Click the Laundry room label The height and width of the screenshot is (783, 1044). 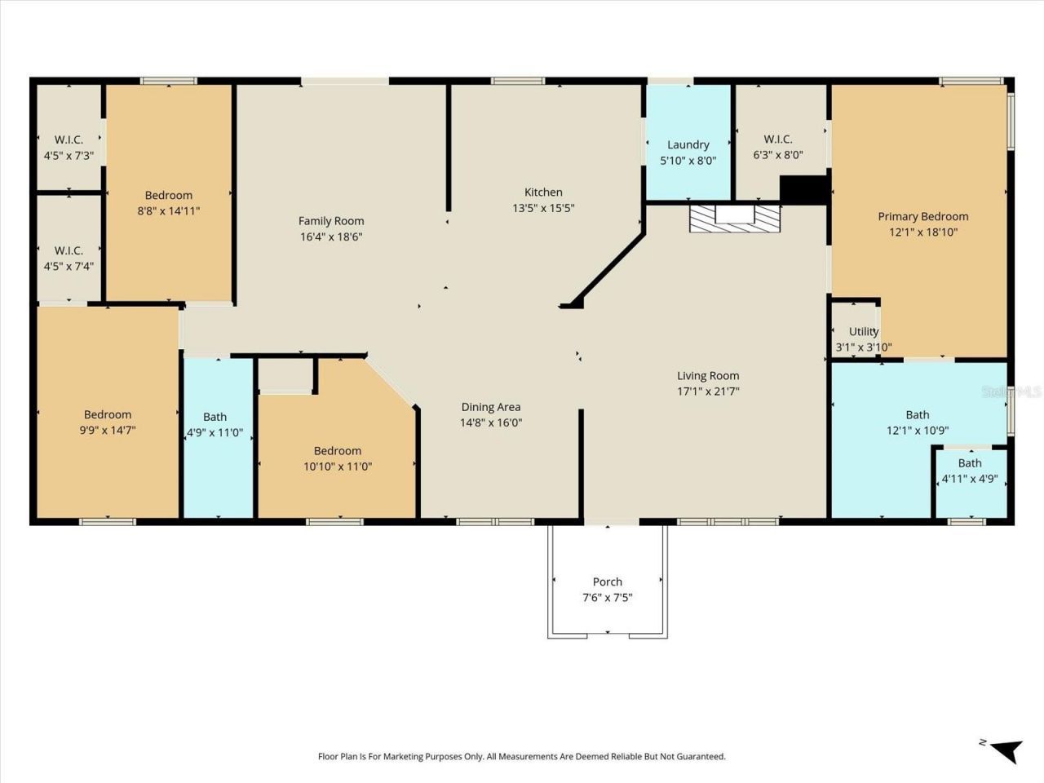pos(688,144)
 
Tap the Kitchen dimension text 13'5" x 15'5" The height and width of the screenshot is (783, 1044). pos(543,208)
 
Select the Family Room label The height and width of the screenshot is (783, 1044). pos(331,221)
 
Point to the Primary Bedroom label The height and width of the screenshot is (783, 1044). pos(922,216)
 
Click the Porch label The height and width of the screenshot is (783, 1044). pos(607,582)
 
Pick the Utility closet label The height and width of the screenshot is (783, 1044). pos(864,331)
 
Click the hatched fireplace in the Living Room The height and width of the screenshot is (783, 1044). pos(735,219)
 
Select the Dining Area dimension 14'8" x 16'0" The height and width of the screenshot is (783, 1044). pos(491,422)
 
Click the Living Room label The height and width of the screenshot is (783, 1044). pos(708,376)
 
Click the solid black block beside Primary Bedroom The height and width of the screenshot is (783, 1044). pos(804,189)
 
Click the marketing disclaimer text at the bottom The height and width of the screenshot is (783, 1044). pos(521,756)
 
